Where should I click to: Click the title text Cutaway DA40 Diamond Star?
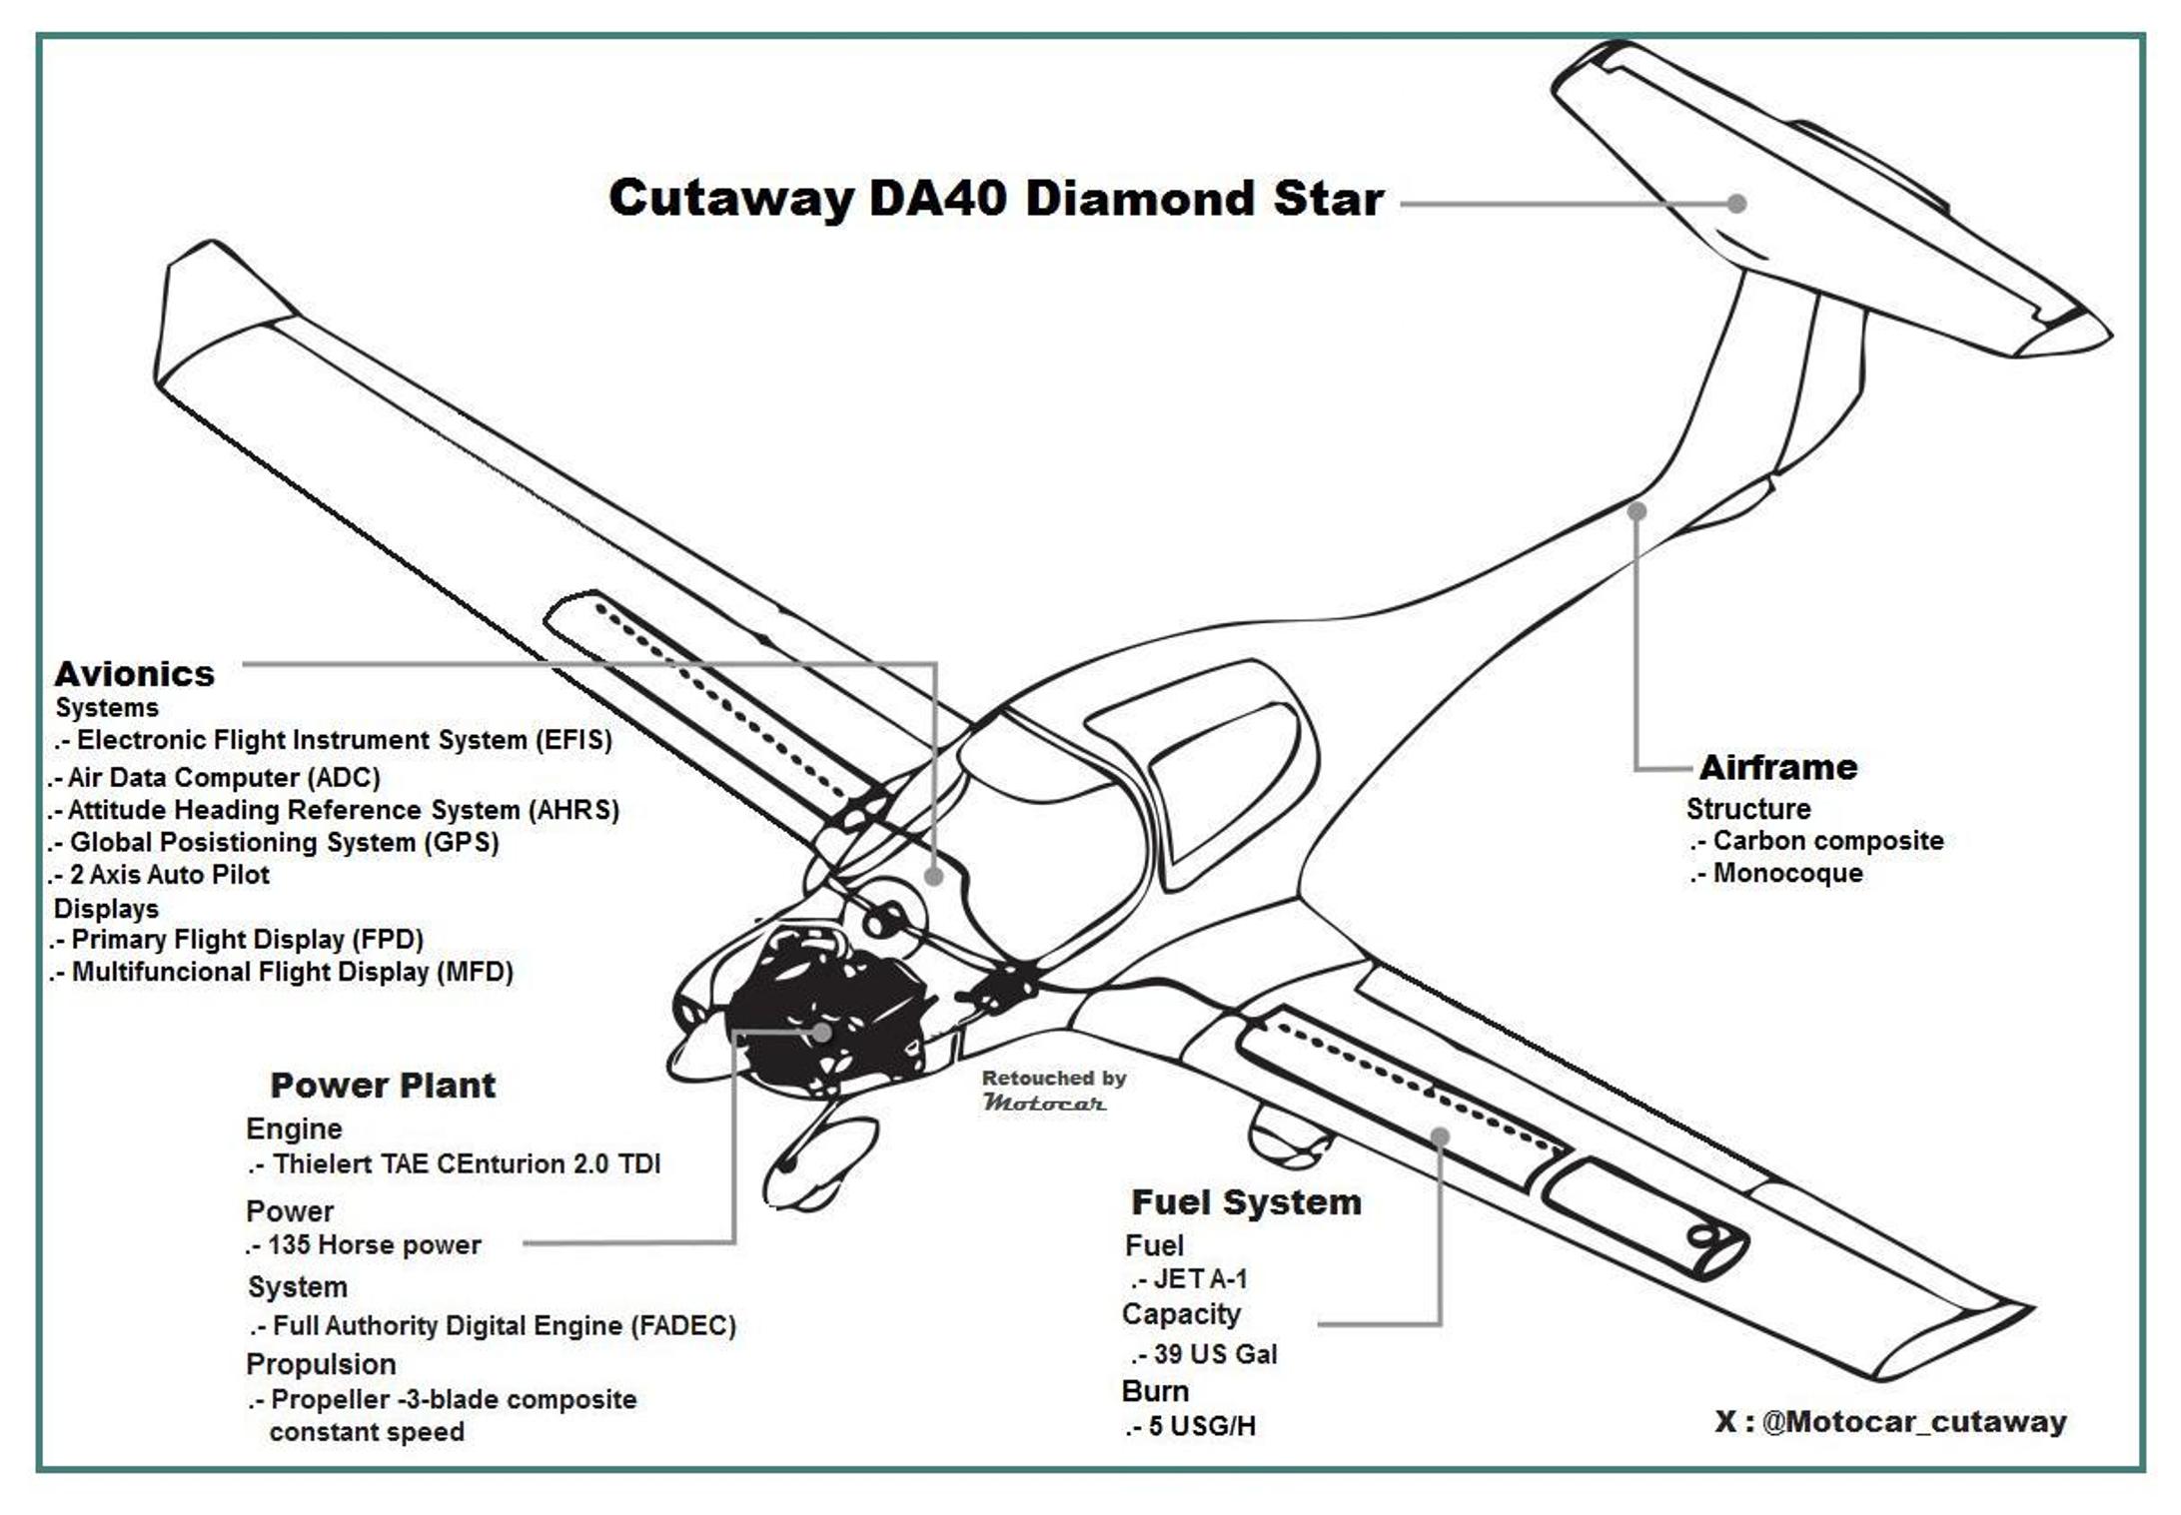pyautogui.click(x=995, y=199)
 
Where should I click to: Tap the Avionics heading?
pyautogui.click(x=134, y=674)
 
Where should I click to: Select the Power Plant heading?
pyautogui.click(x=383, y=1086)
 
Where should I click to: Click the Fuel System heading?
pyautogui.click(x=1246, y=1202)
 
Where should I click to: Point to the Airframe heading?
pyautogui.click(x=1778, y=768)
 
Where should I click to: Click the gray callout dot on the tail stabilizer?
pyautogui.click(x=1737, y=204)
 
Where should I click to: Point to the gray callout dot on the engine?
pyautogui.click(x=822, y=1033)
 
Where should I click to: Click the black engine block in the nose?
pyautogui.click(x=799, y=1009)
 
